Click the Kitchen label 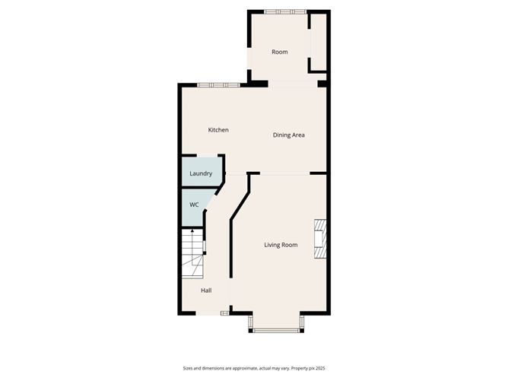click(218, 130)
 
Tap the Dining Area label click(289, 135)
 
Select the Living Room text click(281, 245)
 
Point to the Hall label click(206, 291)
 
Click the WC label click(194, 205)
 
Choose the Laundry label click(201, 173)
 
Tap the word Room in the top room click(280, 52)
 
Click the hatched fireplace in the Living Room click(322, 240)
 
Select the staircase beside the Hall click(193, 255)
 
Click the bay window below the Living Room click(277, 329)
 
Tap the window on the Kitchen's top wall click(218, 84)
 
